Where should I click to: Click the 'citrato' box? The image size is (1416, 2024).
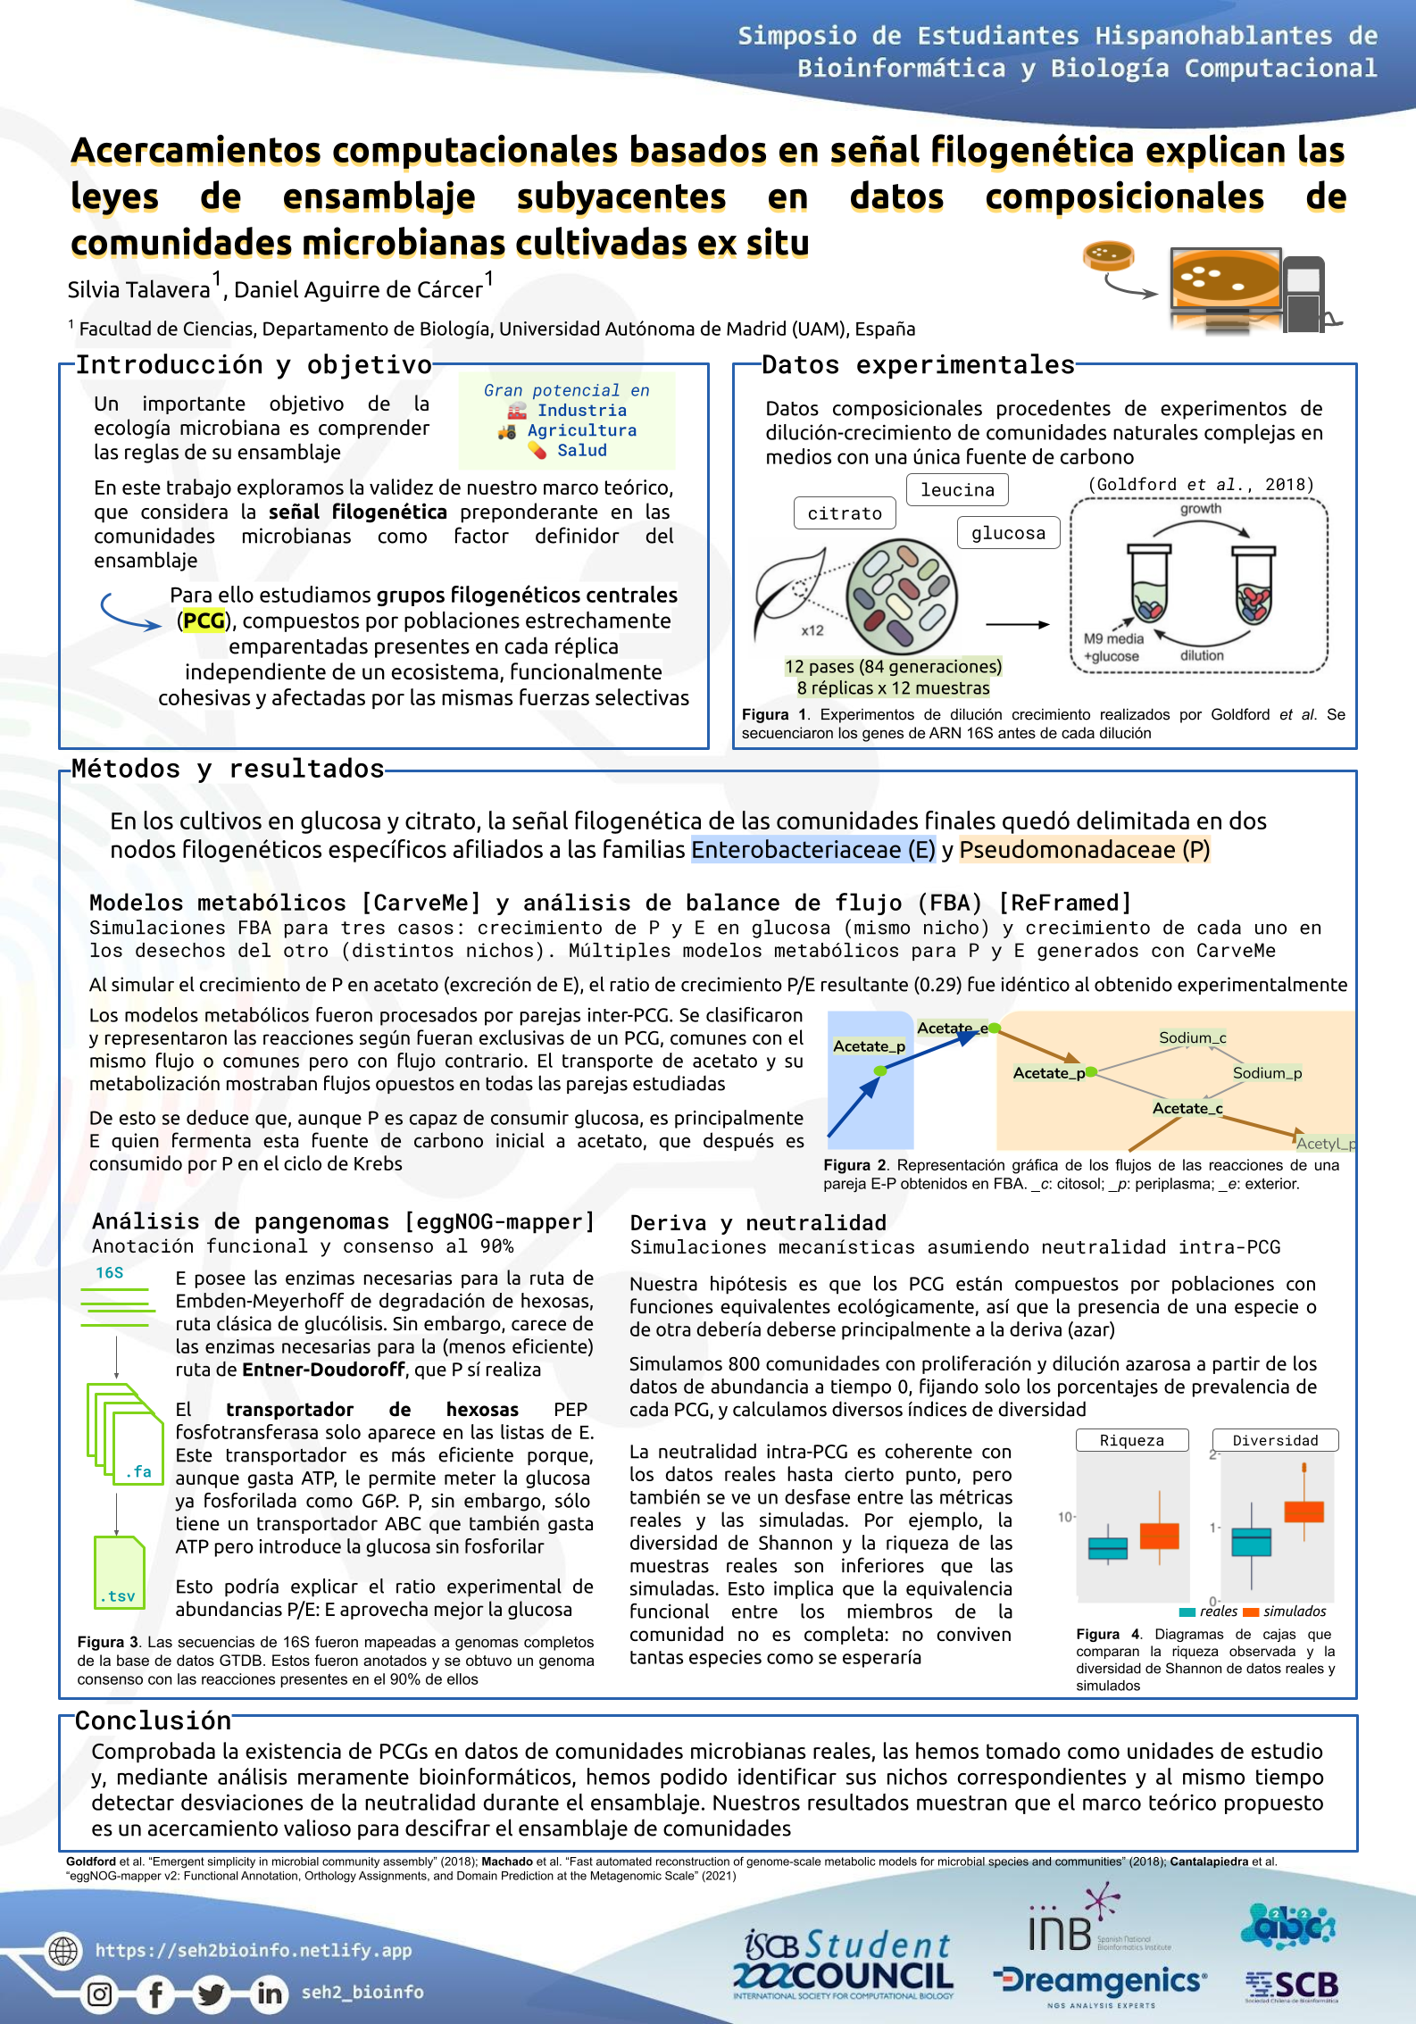tap(845, 513)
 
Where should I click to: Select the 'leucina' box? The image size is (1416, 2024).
tap(957, 490)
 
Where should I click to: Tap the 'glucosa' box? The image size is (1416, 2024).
tap(1008, 533)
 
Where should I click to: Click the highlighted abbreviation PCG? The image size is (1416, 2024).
tap(204, 621)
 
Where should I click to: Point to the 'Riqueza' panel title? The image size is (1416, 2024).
tap(1131, 1440)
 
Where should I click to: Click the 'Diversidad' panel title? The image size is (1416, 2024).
tap(1275, 1440)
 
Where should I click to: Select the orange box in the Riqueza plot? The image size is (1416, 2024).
tap(1160, 1536)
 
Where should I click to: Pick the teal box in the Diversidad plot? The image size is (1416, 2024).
tap(1251, 1542)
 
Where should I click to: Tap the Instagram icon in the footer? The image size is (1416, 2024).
tap(100, 1994)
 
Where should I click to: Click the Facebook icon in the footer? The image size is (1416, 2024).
tap(156, 1994)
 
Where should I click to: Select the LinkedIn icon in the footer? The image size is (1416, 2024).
tap(269, 1994)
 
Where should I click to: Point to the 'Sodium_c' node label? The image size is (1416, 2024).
tap(1192, 1037)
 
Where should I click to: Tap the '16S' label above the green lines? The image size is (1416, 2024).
tap(110, 1273)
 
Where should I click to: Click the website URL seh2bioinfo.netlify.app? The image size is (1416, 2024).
tap(254, 1950)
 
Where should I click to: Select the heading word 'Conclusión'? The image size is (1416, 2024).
tap(153, 1720)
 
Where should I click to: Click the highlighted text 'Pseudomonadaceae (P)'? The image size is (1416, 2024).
tap(1085, 850)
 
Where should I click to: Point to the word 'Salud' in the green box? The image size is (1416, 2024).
tap(582, 451)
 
